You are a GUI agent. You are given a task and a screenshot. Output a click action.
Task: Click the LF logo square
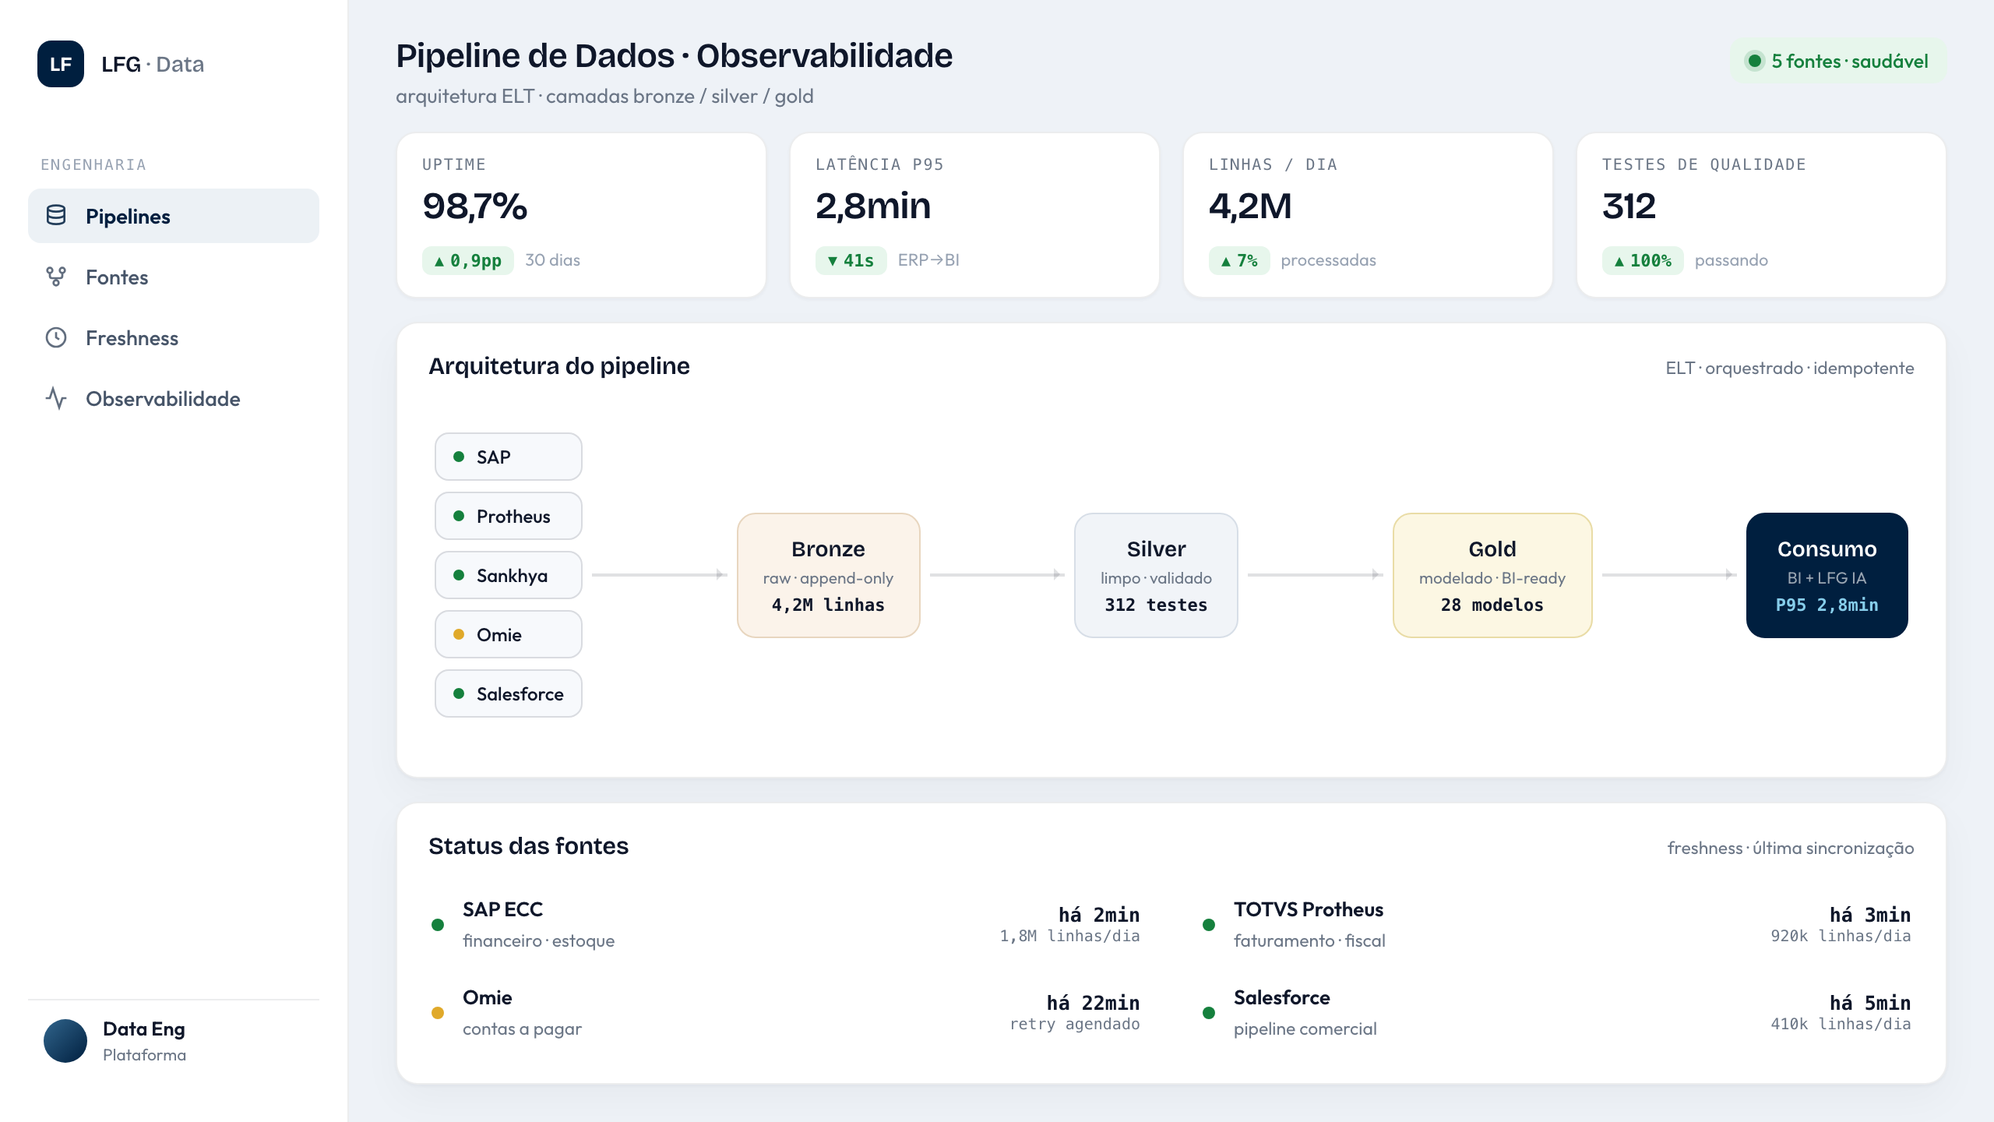pyautogui.click(x=61, y=64)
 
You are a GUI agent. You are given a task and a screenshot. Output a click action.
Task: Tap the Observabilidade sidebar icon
pyautogui.click(x=56, y=398)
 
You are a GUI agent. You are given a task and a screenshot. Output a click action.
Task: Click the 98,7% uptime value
pyautogui.click(x=475, y=206)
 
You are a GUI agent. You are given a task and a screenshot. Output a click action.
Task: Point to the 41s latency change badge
pyautogui.click(x=851, y=260)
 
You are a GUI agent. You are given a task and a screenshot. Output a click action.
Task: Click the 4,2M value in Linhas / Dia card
pyautogui.click(x=1249, y=206)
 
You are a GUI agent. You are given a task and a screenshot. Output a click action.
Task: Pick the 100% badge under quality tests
pyautogui.click(x=1643, y=260)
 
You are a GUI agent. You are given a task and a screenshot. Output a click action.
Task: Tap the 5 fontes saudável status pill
pyautogui.click(x=1838, y=61)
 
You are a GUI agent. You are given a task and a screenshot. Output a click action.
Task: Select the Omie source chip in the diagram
pyautogui.click(x=509, y=634)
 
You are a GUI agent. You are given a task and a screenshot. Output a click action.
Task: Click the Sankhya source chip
pyautogui.click(x=509, y=575)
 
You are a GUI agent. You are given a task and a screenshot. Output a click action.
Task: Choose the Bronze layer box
pyautogui.click(x=829, y=575)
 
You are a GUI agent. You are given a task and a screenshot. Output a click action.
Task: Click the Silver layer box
pyautogui.click(x=1156, y=575)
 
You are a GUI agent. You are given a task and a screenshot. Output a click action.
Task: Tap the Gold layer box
pyautogui.click(x=1492, y=575)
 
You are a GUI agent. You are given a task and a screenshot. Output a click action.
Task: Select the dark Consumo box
pyautogui.click(x=1827, y=575)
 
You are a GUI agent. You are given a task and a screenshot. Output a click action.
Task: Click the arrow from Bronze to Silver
pyautogui.click(x=997, y=575)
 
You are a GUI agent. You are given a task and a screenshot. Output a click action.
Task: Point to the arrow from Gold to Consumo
pyautogui.click(x=1669, y=575)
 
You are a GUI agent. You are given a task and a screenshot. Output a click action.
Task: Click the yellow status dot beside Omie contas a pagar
pyautogui.click(x=438, y=1013)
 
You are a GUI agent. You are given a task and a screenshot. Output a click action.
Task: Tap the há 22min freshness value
pyautogui.click(x=1093, y=1003)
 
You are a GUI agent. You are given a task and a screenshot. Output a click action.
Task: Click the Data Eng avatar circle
pyautogui.click(x=65, y=1041)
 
